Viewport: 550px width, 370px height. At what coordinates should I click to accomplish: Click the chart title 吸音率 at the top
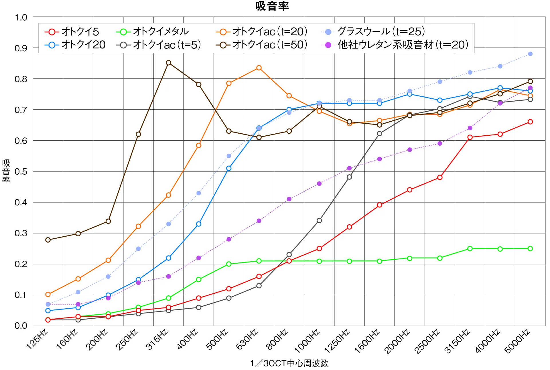coord(272,6)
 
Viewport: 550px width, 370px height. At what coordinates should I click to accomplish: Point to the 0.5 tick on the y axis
coord(21,172)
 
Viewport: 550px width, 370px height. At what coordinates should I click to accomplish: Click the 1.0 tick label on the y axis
coord(21,17)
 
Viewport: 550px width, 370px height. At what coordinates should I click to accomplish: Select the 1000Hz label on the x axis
coord(307,341)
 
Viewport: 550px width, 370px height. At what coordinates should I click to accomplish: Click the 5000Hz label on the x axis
coord(518,341)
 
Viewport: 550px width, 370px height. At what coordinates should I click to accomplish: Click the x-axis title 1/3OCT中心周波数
coord(289,363)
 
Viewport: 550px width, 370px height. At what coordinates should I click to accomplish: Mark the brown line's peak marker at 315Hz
coord(169,63)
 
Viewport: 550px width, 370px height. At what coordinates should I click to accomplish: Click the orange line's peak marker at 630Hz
coord(259,68)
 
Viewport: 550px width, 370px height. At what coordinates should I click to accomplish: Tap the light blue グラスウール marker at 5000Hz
coord(530,54)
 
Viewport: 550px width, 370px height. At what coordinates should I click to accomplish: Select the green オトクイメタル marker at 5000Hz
coord(530,248)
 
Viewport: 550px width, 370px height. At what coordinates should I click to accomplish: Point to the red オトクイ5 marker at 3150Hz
coord(470,137)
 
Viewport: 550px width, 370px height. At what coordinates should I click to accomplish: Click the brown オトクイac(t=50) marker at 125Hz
coord(48,240)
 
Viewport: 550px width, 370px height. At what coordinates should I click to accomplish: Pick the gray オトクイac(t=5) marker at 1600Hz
coord(379,134)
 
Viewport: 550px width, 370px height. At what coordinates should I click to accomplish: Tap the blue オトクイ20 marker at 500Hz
coord(229,168)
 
